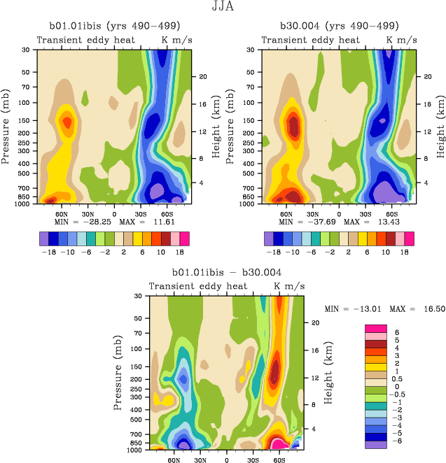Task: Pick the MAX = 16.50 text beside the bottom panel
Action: tap(407, 308)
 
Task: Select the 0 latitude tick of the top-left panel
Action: tap(114, 213)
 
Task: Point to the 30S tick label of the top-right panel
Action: tap(365, 213)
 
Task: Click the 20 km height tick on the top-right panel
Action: tap(426, 76)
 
